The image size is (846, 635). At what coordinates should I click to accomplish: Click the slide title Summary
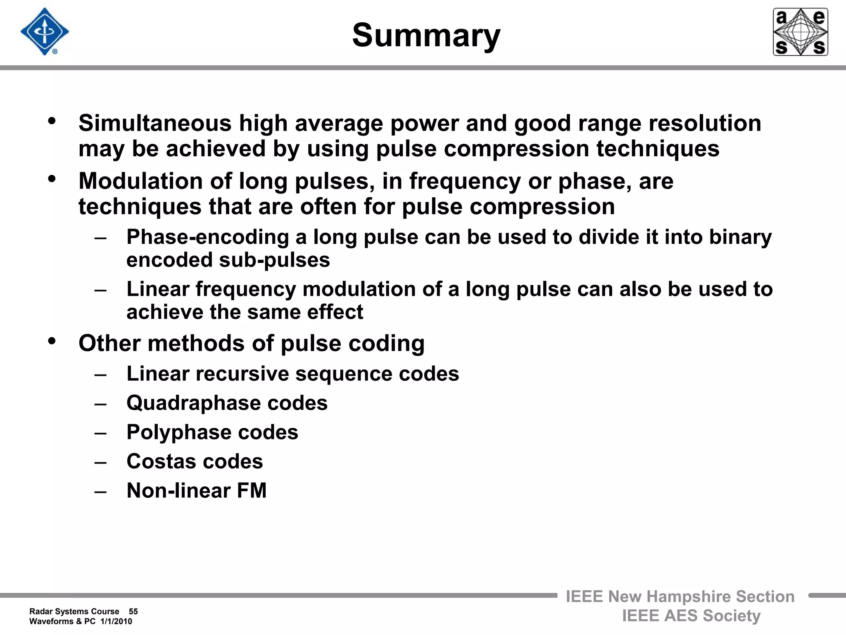click(x=426, y=36)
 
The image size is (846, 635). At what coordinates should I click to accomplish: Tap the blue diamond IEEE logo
click(x=45, y=32)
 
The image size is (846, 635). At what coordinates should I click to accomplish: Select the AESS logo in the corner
click(x=800, y=32)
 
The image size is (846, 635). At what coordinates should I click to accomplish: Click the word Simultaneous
click(x=155, y=123)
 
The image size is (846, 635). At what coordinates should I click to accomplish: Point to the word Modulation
click(x=140, y=181)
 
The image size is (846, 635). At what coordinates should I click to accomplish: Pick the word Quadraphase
click(x=193, y=403)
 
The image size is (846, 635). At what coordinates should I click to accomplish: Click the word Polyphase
click(x=178, y=432)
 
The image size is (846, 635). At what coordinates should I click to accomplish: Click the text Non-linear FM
click(x=197, y=491)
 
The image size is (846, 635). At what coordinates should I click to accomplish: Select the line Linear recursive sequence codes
click(x=292, y=374)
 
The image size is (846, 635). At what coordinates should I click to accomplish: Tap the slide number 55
click(x=133, y=611)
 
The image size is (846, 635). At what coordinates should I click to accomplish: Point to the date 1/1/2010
click(x=116, y=621)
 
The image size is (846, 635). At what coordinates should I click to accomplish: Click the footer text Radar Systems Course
click(x=74, y=611)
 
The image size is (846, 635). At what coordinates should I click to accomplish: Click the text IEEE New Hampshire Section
click(x=680, y=597)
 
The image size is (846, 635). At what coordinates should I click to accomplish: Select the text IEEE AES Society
click(x=691, y=616)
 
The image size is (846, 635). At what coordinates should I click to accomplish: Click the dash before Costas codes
click(x=100, y=462)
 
